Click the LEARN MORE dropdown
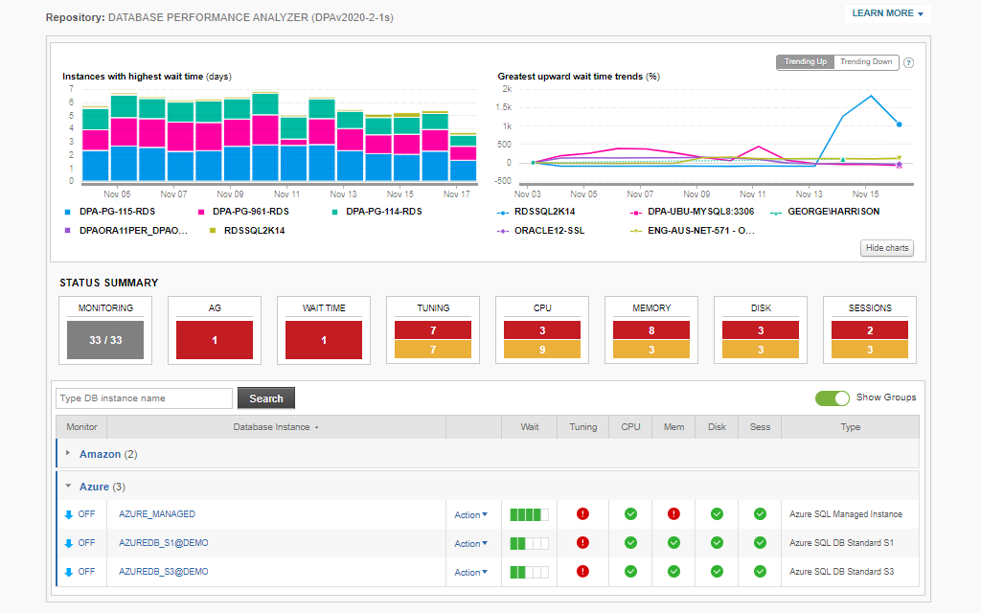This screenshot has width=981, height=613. [x=887, y=13]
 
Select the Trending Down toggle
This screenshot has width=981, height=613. [x=866, y=62]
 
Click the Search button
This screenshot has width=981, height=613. [x=266, y=398]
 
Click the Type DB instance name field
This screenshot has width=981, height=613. [x=144, y=398]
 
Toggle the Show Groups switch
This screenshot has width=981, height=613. [x=833, y=397]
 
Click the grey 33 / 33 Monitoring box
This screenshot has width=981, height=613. [x=105, y=340]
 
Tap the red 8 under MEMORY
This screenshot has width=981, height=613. [x=651, y=330]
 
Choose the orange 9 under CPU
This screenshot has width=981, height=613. [x=542, y=350]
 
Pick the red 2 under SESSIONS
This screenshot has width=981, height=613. [x=870, y=330]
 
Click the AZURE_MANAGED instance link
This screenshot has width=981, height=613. [x=157, y=514]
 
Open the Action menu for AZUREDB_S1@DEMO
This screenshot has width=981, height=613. [x=470, y=543]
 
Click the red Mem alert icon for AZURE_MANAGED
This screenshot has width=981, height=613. [x=673, y=514]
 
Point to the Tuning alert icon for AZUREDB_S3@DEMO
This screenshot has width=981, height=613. [x=582, y=572]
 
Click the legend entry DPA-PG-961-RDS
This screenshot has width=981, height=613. [x=250, y=212]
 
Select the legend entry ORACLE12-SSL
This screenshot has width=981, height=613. [x=548, y=231]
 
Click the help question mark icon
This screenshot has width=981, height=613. [x=908, y=63]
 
